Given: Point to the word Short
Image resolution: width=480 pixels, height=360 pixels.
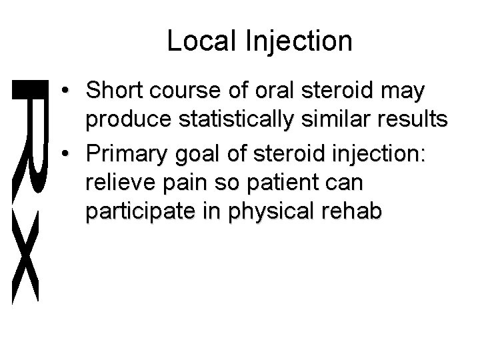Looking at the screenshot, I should click(117, 92).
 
